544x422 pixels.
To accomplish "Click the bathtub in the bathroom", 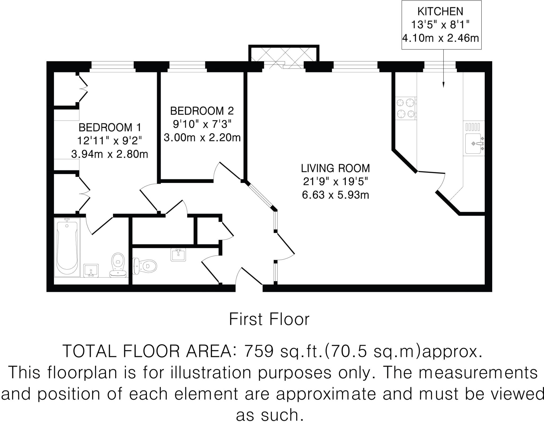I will (x=67, y=247).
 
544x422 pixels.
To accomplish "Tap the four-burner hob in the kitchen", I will (x=406, y=108).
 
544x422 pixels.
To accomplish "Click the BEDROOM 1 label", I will (x=110, y=128).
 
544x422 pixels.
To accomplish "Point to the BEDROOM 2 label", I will (x=202, y=111).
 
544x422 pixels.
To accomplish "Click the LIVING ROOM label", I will (x=335, y=168).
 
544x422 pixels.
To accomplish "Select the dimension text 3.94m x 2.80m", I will (x=110, y=154).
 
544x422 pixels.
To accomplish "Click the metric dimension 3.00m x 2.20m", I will (x=202, y=138).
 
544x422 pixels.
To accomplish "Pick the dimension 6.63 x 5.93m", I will (x=335, y=195).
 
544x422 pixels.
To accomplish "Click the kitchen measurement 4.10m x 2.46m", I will (x=440, y=38).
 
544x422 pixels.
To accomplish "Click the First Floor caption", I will (x=269, y=319).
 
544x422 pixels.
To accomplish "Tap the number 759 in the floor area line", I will (x=259, y=351).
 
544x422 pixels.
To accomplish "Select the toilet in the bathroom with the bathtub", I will (x=118, y=264).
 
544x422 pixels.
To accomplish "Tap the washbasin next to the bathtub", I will (x=91, y=270).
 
